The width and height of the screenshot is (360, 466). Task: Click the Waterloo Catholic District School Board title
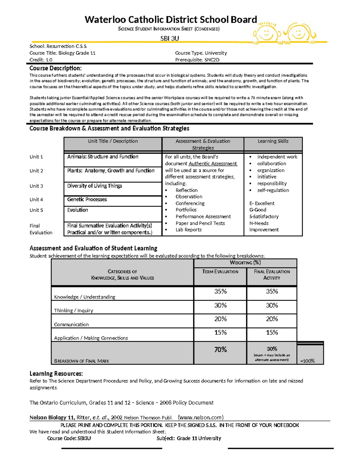(x=171, y=20)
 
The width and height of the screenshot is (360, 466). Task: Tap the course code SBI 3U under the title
(x=169, y=38)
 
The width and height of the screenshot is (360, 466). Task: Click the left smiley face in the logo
(x=266, y=34)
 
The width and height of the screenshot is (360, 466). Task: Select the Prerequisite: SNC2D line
(x=197, y=60)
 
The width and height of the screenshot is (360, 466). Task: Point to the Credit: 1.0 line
(x=41, y=60)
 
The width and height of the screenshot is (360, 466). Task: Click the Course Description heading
(x=55, y=68)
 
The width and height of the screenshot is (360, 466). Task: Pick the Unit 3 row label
(x=36, y=186)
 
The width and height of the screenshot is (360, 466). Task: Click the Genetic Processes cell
(x=87, y=200)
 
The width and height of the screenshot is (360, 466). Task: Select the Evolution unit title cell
(x=78, y=210)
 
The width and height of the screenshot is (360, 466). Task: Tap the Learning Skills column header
(x=273, y=141)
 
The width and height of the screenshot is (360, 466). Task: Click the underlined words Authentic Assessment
(x=213, y=164)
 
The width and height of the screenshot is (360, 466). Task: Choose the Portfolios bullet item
(x=186, y=210)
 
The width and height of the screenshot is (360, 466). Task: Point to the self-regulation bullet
(x=273, y=190)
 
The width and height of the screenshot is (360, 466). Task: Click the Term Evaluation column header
(x=220, y=272)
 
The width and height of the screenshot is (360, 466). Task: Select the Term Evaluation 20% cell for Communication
(x=220, y=319)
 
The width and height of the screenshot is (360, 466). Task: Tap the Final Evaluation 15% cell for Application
(x=272, y=332)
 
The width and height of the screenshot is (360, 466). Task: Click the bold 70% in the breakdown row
(x=220, y=350)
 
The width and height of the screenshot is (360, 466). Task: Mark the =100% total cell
(x=307, y=361)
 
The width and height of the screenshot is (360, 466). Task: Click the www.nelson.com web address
(x=201, y=417)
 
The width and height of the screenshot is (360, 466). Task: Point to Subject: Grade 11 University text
(x=189, y=438)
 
